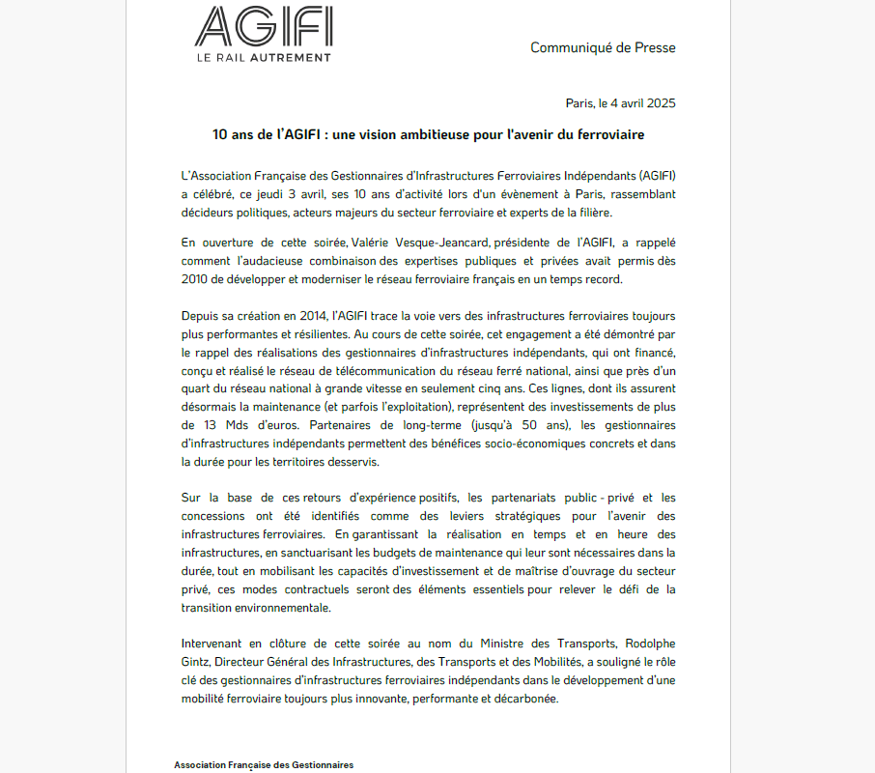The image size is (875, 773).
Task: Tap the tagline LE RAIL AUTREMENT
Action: [264, 57]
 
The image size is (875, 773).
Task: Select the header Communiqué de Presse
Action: [603, 47]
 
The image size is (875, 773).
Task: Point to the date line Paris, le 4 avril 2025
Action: [620, 103]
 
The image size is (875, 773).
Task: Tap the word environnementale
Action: [280, 608]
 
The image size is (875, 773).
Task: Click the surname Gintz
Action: [197, 662]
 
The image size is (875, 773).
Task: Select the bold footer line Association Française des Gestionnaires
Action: [264, 765]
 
